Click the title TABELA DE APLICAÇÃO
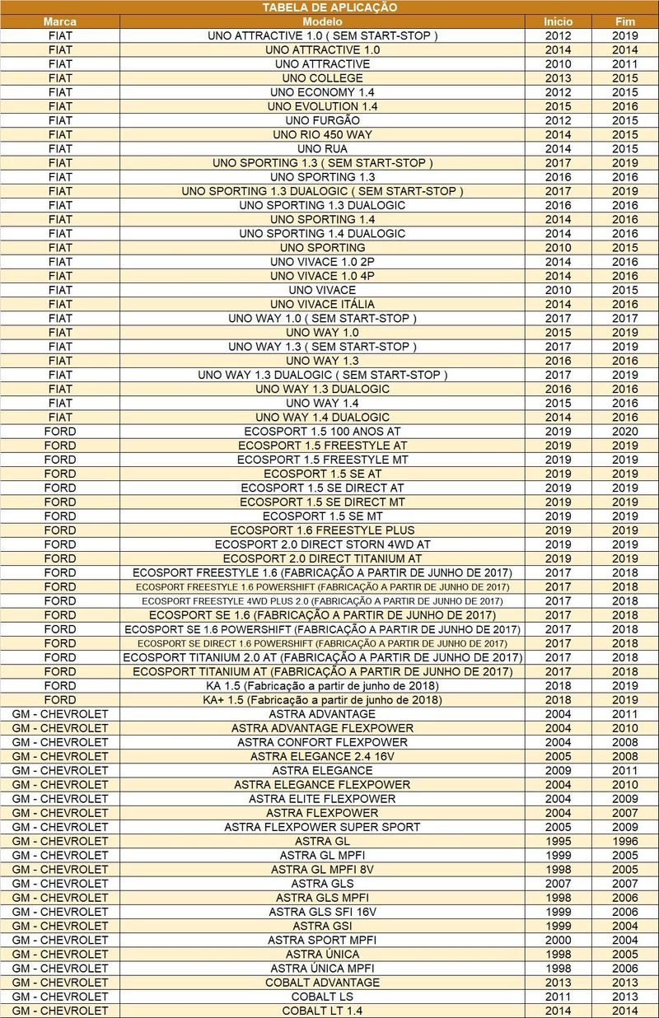pyautogui.click(x=329, y=7)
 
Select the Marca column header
pyautogui.click(x=60, y=21)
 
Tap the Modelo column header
pyautogui.click(x=322, y=21)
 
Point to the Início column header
pyautogui.click(x=558, y=21)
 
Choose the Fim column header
pyautogui.click(x=625, y=21)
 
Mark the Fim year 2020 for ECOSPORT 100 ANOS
pyautogui.click(x=625, y=431)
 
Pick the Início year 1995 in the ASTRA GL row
pyautogui.click(x=558, y=841)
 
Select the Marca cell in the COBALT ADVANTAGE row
pyautogui.click(x=60, y=982)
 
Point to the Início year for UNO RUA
pyautogui.click(x=558, y=148)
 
